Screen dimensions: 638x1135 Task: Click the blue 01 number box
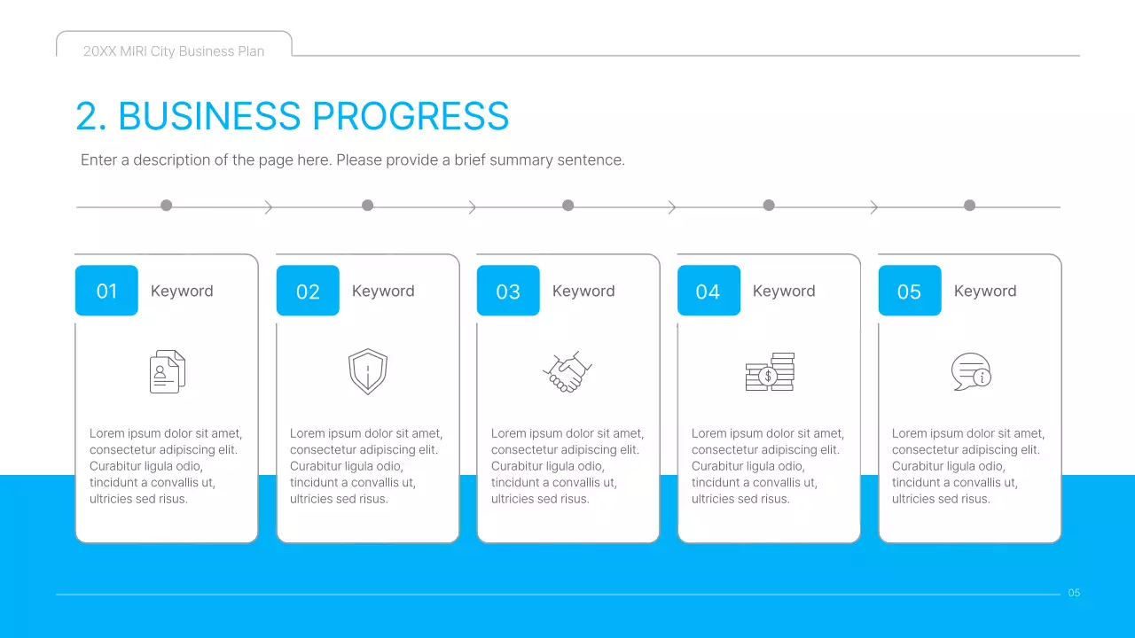pos(106,291)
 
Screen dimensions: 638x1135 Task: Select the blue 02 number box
pos(308,291)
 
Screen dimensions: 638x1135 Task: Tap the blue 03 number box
pos(508,291)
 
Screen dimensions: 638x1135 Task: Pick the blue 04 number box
pos(708,291)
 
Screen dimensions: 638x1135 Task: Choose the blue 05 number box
pos(909,291)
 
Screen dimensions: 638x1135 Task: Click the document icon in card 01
pos(168,371)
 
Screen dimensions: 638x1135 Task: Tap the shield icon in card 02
pos(367,371)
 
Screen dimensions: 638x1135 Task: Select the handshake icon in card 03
pos(567,372)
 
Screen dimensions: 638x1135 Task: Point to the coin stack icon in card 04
pos(769,372)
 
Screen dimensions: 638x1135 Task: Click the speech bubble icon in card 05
pos(970,371)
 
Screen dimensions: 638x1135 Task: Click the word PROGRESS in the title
pos(411,117)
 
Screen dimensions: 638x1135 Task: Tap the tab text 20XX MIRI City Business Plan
pos(174,51)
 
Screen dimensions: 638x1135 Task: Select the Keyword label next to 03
pos(583,291)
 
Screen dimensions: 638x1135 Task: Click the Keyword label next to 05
pos(985,291)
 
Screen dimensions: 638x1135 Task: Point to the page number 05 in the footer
pos(1074,593)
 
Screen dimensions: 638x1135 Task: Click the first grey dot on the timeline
pos(166,206)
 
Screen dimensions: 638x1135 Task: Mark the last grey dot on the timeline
pos(969,206)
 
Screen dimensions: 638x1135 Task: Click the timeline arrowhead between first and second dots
pos(269,207)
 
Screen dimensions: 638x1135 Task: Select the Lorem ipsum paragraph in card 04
pos(768,466)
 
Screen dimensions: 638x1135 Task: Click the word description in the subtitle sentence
pos(174,160)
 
